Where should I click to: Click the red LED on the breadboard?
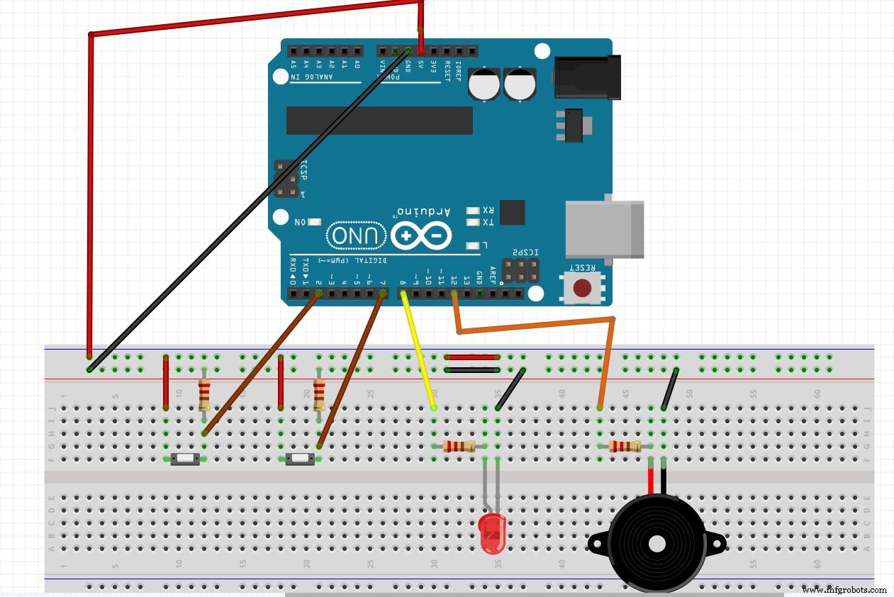491,534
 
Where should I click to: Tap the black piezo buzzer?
656,545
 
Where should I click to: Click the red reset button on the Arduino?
582,288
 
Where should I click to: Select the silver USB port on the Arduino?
604,229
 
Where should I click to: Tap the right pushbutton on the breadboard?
301,459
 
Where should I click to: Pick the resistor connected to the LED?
459,446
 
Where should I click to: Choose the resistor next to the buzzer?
625,446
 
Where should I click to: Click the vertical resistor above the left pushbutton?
204,394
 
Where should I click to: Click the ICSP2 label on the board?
525,252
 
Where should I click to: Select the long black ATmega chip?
379,121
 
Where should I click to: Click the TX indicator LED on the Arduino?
473,223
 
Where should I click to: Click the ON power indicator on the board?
314,222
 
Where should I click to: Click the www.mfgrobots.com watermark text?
844,589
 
